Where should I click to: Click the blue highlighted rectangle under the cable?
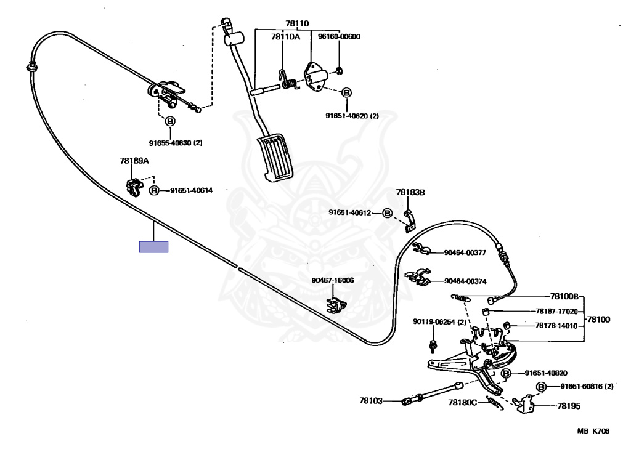[x=153, y=247]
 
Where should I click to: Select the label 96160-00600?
[x=339, y=37]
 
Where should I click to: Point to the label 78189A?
[x=134, y=161]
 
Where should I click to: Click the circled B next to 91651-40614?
[x=154, y=191]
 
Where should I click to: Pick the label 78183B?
[x=410, y=193]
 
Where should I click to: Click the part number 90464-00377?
[x=465, y=252]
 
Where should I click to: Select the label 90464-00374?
[x=465, y=281]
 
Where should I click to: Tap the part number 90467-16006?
[x=333, y=280]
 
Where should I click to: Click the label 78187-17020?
[x=556, y=312]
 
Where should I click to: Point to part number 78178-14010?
[x=556, y=325]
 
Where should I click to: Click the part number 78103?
[x=372, y=401]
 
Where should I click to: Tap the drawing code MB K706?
[x=593, y=432]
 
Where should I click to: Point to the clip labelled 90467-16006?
[x=335, y=304]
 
